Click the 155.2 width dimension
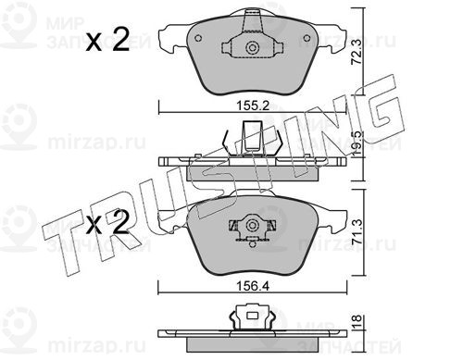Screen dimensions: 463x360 coord(253,106)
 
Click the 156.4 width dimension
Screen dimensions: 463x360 coord(253,286)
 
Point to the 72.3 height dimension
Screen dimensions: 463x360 coord(357,52)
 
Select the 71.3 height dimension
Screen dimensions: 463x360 coord(357,231)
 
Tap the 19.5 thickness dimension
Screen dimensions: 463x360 coord(357,143)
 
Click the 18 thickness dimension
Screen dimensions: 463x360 coord(357,322)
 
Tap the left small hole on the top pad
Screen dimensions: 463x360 coord(198,38)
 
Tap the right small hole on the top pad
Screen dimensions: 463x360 coord(307,38)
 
